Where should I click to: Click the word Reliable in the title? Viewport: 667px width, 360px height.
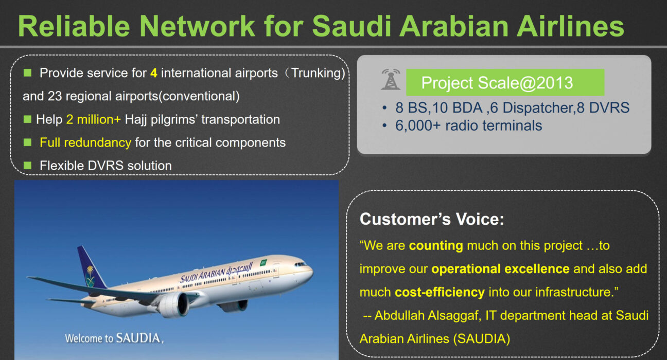(x=74, y=26)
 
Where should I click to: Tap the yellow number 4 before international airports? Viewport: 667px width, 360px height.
(x=154, y=73)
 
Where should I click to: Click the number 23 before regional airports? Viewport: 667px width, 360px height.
(x=55, y=96)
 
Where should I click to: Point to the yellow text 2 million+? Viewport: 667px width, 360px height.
(x=93, y=120)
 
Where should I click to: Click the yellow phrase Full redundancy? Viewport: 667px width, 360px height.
(x=85, y=143)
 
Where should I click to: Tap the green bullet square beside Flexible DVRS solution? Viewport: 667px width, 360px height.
(x=28, y=165)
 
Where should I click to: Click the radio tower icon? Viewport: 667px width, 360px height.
(x=391, y=79)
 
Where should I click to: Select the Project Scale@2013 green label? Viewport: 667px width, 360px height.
(x=505, y=82)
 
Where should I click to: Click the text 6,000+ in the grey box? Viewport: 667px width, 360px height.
(x=418, y=125)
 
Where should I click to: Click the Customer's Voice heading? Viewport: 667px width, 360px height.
(x=432, y=219)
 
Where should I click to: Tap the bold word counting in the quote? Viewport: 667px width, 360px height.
(x=436, y=246)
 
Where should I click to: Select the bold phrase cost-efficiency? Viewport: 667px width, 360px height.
(x=440, y=292)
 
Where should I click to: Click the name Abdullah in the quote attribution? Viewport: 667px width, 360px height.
(x=399, y=315)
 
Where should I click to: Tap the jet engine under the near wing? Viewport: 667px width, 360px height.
(x=173, y=304)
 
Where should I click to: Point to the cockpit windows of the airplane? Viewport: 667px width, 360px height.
(x=300, y=264)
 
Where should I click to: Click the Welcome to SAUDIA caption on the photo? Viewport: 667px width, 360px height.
(x=114, y=338)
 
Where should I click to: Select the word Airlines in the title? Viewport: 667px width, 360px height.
(x=570, y=26)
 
